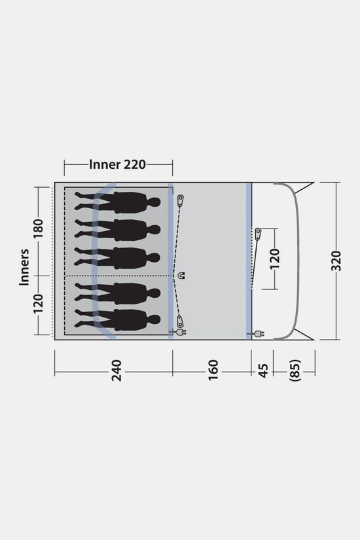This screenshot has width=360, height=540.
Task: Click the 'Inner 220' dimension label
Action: click(x=117, y=164)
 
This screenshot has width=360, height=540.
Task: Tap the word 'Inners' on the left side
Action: click(x=24, y=267)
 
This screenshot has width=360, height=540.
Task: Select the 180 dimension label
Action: click(x=38, y=228)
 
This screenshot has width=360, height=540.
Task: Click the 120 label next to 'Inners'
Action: click(x=38, y=304)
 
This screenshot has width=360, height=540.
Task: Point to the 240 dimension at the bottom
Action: click(x=117, y=370)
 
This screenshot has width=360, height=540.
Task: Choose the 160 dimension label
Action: click(x=213, y=370)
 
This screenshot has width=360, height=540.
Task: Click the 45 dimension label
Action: click(x=263, y=370)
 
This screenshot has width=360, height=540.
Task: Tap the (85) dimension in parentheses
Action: click(x=296, y=370)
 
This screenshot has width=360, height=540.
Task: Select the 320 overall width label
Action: click(x=336, y=261)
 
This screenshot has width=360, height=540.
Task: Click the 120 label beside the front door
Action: click(x=274, y=259)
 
